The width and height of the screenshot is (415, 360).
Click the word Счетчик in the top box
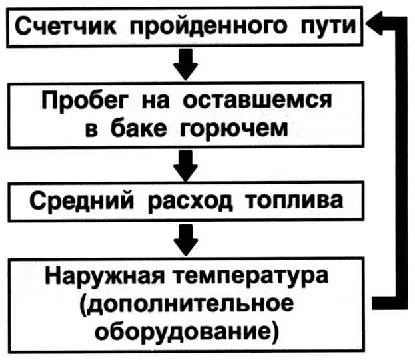tap(65, 26)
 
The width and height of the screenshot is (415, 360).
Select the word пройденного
tap(208, 27)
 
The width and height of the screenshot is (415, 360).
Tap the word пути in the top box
tap(328, 27)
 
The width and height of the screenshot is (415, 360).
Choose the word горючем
tap(234, 130)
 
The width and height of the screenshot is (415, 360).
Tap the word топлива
tap(294, 200)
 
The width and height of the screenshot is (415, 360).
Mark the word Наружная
tap(105, 276)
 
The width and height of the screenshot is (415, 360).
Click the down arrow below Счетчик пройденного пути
tap(186, 64)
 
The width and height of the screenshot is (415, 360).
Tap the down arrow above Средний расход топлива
tap(186, 166)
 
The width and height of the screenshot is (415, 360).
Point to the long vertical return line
tap(401, 163)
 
